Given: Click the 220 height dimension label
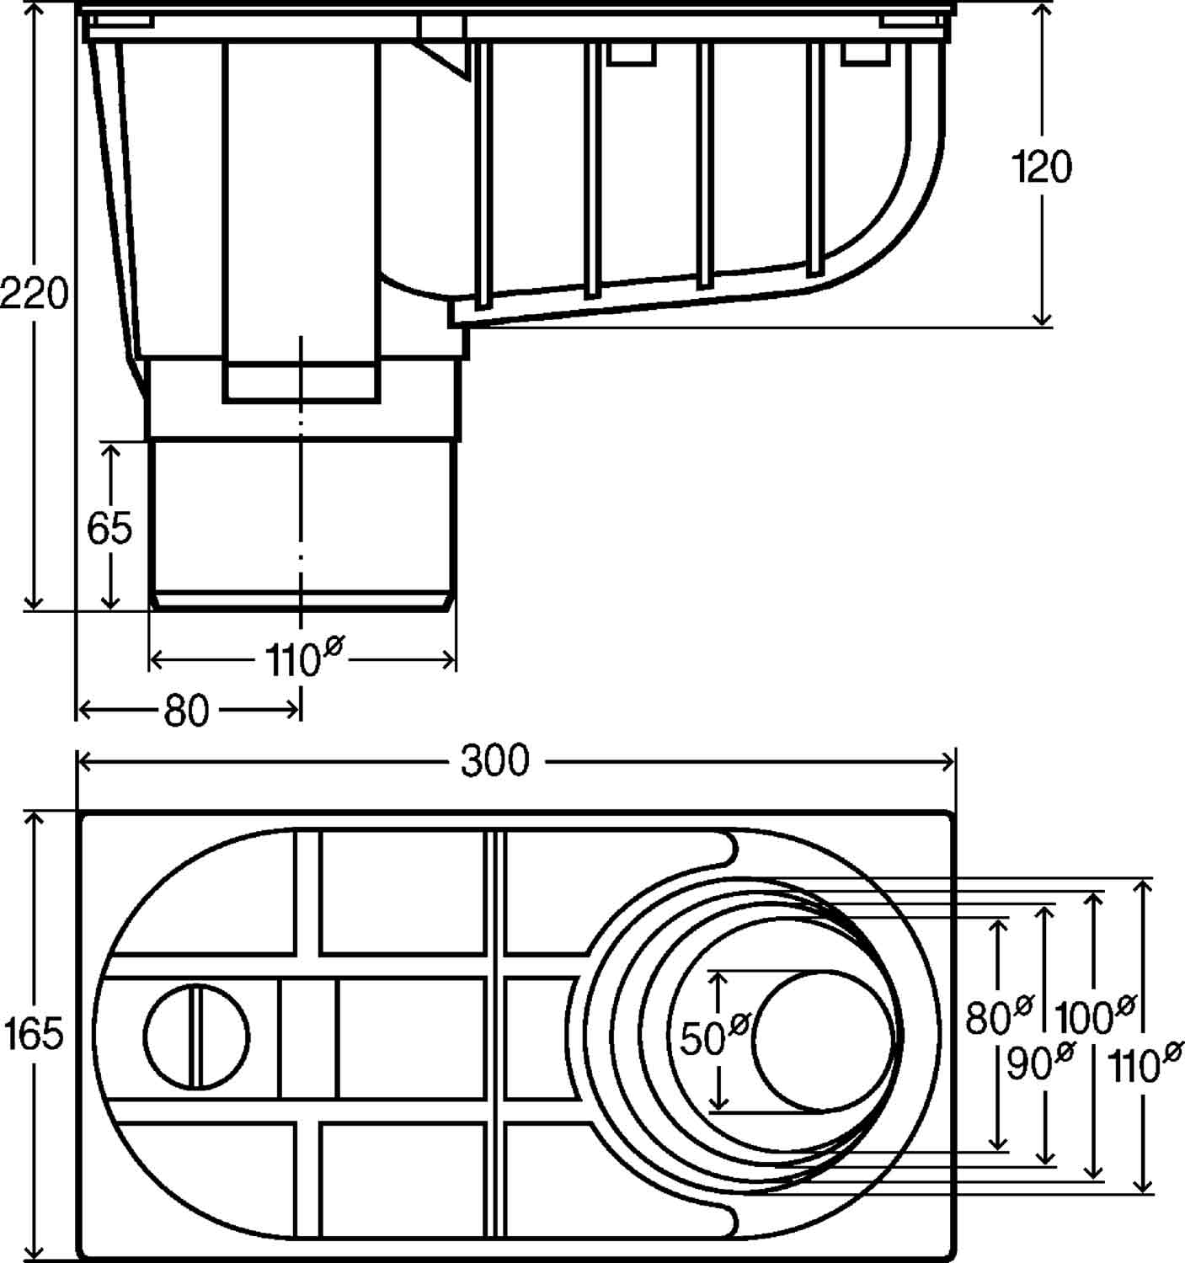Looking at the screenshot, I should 34,296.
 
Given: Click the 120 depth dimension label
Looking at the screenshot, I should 1042,168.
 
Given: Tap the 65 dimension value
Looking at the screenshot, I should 109,529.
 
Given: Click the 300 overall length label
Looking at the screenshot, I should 495,761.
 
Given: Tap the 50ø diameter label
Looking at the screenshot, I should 715,1037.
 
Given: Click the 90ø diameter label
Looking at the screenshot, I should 1041,1063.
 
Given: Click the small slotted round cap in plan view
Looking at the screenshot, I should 196,1036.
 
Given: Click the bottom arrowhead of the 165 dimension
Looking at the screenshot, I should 35,1254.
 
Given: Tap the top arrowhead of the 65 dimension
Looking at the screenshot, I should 109,448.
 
